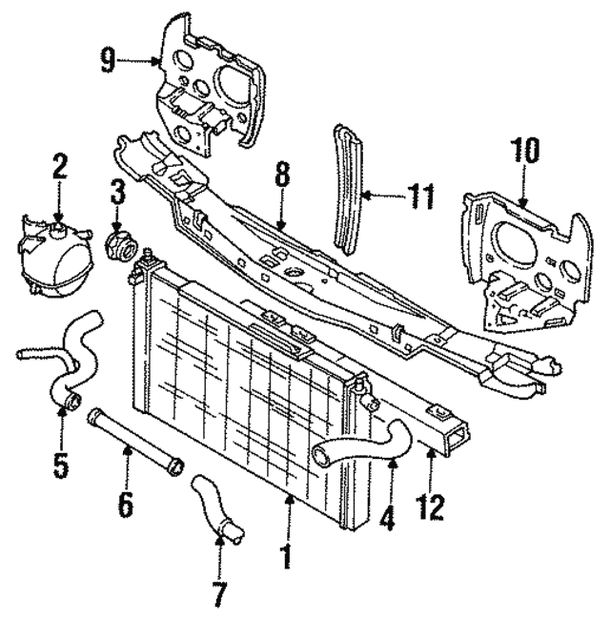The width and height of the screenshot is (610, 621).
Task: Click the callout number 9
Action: pos(107,61)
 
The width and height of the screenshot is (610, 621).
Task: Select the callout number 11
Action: pos(420,197)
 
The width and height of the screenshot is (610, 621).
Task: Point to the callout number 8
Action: pos(282,173)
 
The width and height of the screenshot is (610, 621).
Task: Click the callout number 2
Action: pos(59,167)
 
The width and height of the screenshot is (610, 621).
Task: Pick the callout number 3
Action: pos(117,192)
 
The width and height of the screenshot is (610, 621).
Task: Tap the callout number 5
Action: pos(61,466)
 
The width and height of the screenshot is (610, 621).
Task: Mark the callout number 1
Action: pos(286,557)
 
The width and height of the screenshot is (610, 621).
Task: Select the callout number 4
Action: pos(387,516)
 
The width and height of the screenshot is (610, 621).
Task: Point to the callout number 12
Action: pos(430,507)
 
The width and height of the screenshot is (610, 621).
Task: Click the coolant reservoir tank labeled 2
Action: pos(54,261)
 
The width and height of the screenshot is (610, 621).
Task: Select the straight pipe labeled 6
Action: pos(135,443)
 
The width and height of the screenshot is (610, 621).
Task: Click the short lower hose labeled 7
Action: pos(216,509)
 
